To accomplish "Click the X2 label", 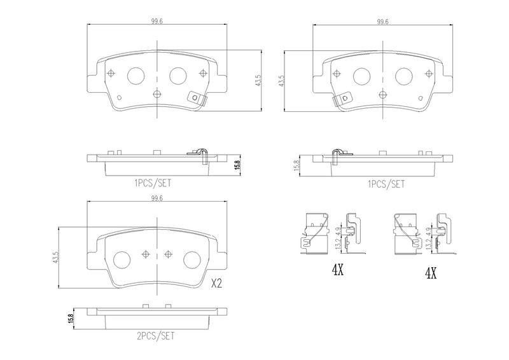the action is point(216,284).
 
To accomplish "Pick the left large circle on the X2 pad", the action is point(122,260).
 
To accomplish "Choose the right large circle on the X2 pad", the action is point(192,260).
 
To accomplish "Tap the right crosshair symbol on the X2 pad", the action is point(168,254).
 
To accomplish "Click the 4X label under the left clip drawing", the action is point(338,270).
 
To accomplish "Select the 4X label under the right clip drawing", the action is point(431,274).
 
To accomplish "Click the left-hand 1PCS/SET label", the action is point(153,183).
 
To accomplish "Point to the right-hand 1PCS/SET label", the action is point(386,184).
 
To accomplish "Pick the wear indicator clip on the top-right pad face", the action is point(342,99).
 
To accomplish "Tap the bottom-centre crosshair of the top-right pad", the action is point(383,94).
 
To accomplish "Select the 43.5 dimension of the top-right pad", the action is point(282,81).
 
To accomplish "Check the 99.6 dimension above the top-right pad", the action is point(383,22).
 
